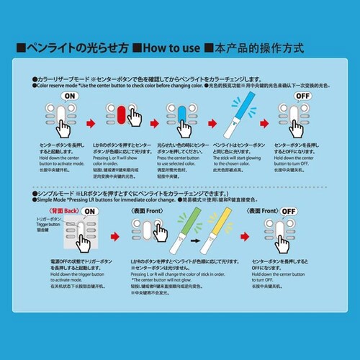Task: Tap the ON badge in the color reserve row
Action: point(71,96)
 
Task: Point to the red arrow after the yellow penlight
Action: point(246,235)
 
